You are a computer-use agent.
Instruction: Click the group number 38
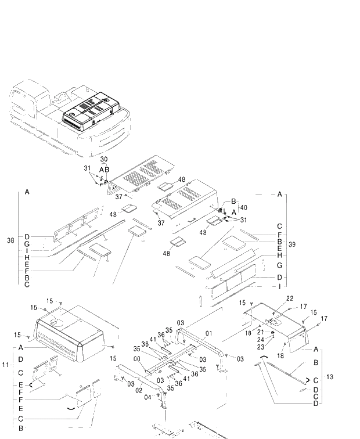click(10, 240)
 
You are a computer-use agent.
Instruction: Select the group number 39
click(292, 244)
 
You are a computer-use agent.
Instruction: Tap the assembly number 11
click(6, 364)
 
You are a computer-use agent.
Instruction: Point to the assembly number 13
click(329, 377)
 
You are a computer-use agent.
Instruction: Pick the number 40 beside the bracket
click(243, 207)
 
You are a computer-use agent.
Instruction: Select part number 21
click(261, 332)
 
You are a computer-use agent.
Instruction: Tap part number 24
click(261, 339)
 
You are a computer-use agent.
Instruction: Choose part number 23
click(261, 347)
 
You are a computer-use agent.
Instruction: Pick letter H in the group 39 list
click(279, 256)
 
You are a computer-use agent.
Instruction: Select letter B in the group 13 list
click(316, 362)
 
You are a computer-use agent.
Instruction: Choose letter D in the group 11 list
click(20, 359)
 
